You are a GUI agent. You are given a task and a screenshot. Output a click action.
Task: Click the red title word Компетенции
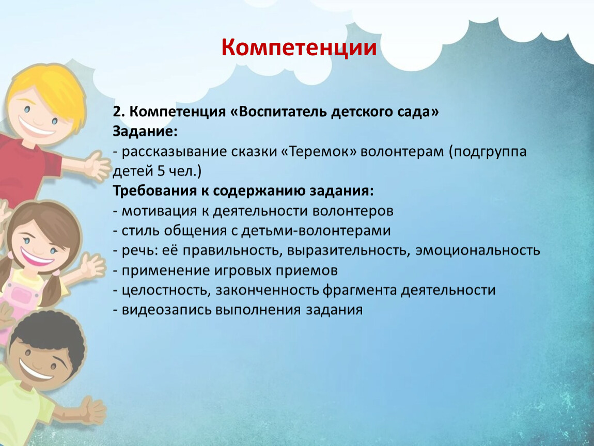point(299,47)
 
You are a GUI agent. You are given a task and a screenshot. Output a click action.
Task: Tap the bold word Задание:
point(145,132)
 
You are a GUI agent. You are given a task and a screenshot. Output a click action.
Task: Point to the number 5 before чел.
point(161,171)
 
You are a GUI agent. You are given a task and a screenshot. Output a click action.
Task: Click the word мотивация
point(159,211)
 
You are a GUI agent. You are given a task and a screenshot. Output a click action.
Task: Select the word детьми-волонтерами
point(316,231)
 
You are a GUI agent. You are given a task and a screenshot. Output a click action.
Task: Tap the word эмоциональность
point(478,250)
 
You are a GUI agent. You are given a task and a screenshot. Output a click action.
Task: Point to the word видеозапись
point(167,310)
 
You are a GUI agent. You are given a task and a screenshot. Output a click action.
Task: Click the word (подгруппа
point(488,151)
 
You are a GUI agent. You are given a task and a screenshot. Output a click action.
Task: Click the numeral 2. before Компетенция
point(119,111)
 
